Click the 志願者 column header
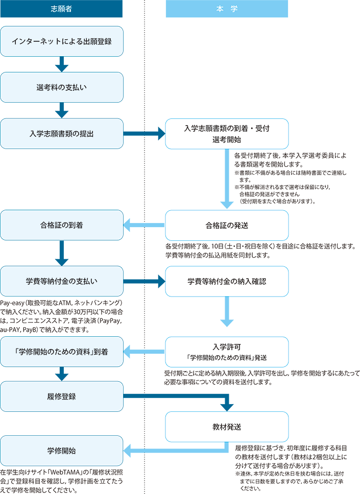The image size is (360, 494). coord(61,9)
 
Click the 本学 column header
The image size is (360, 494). coord(227,9)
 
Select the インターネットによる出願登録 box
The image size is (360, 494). coord(62,41)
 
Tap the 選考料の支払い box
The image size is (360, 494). coord(62,87)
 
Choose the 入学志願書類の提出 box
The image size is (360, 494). coord(62,134)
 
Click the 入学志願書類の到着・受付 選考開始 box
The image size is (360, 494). coord(227,134)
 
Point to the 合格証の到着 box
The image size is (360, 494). coord(62,225)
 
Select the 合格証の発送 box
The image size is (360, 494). coord(227,225)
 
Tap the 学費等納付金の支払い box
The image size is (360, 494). coord(62,281)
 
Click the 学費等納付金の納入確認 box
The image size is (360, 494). coord(227,281)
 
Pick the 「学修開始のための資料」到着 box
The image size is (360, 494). coord(62,352)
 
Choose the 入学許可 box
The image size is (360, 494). coord(227,352)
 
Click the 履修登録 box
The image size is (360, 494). coord(62,396)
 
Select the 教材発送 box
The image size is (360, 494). coord(227,427)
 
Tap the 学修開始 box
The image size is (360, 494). coord(62,451)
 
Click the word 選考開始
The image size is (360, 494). coord(227,139)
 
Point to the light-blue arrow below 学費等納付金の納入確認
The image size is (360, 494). coord(227,313)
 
